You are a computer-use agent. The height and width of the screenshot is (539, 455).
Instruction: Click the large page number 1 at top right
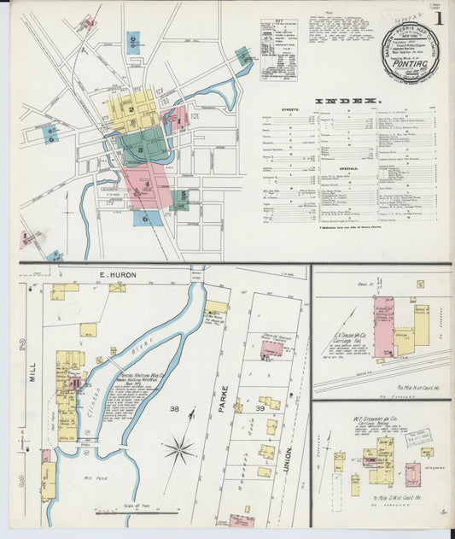tap(439, 19)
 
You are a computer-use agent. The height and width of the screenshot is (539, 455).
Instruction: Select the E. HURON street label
tap(117, 274)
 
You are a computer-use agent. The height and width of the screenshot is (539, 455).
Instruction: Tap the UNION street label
tap(289, 462)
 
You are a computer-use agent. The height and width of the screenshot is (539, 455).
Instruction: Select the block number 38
tap(175, 409)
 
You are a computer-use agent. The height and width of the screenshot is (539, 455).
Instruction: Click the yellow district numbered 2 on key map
tap(131, 109)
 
